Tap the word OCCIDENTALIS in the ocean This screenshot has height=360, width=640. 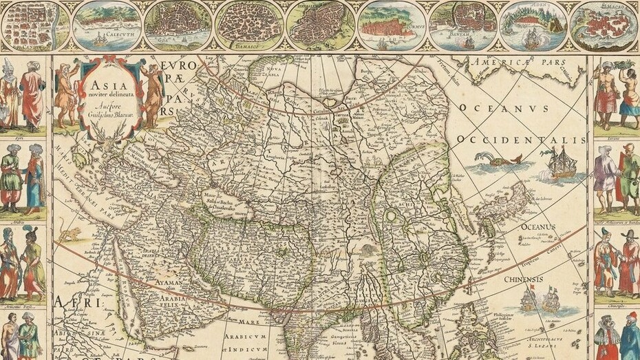(x=520, y=140)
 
